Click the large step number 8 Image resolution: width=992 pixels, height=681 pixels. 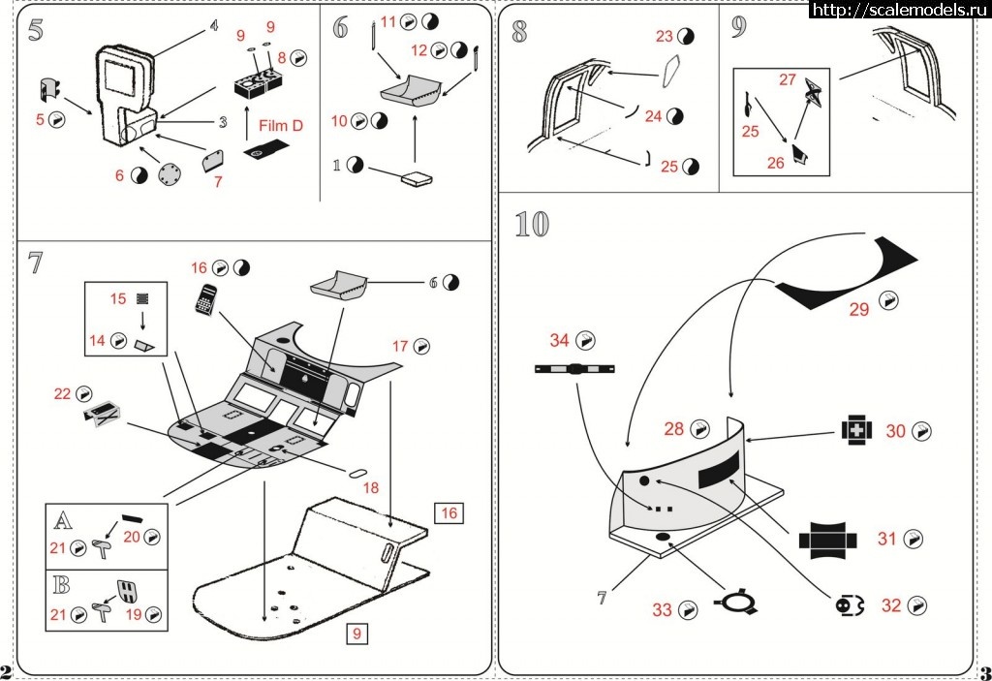click(519, 31)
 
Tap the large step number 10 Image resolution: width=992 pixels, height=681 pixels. click(532, 224)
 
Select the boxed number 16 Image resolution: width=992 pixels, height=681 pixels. click(449, 512)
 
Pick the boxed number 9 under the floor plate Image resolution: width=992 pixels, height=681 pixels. click(357, 634)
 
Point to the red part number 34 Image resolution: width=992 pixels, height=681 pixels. click(560, 340)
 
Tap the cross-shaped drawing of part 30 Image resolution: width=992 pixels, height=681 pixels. click(855, 429)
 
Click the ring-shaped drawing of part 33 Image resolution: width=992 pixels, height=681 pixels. click(736, 604)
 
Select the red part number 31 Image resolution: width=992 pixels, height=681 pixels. click(887, 540)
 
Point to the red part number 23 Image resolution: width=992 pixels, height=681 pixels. click(664, 37)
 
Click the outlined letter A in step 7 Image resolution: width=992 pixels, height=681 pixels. click(62, 521)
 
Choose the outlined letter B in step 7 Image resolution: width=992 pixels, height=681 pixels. click(62, 585)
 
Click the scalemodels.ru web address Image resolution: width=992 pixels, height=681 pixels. click(890, 10)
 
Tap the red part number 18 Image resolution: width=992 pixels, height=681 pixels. click(371, 489)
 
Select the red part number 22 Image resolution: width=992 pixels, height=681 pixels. click(63, 393)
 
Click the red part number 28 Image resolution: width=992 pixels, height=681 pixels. click(674, 428)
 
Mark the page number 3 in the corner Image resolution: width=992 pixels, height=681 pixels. click(984, 671)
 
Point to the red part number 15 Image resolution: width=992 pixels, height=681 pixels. click(118, 299)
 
